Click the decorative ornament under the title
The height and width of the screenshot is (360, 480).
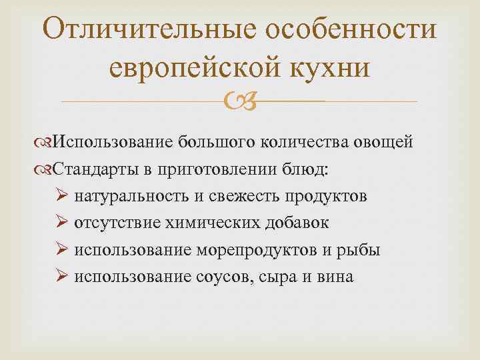click(x=239, y=101)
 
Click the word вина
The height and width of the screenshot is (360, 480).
click(x=334, y=276)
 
